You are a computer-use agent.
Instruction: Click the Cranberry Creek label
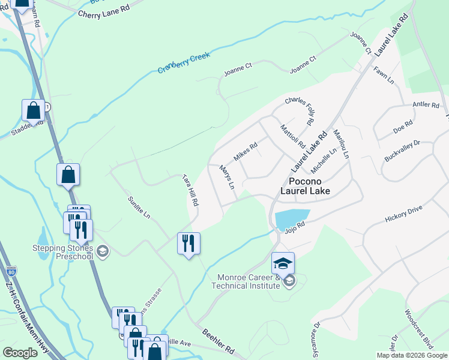tap(184, 62)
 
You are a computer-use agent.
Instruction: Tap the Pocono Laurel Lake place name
tap(306, 186)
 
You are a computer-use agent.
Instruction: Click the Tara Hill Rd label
tap(190, 191)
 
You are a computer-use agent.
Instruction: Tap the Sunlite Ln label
tap(139, 206)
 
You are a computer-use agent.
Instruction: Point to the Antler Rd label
tap(426, 105)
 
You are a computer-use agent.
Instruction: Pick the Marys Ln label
tap(228, 177)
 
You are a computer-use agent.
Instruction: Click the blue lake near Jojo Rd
tap(291, 218)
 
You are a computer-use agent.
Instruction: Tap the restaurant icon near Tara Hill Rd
tap(188, 242)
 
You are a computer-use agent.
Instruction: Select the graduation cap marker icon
tap(283, 262)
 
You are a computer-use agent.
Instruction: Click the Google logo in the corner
tap(20, 353)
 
